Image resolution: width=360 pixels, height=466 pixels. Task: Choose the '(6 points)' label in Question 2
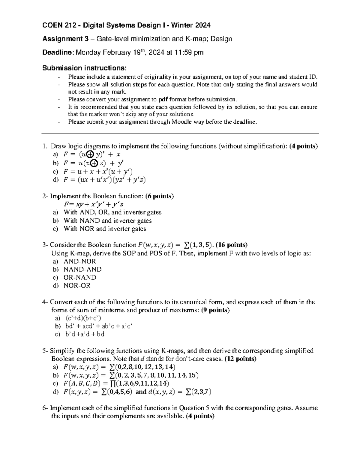[x=159, y=196]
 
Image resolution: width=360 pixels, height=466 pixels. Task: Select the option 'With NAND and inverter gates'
[x=108, y=221]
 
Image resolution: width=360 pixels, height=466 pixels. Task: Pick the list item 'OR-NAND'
[x=80, y=277]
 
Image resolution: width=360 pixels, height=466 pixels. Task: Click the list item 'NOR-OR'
[x=77, y=285]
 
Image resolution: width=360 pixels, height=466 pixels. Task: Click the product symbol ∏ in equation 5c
[x=112, y=383]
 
